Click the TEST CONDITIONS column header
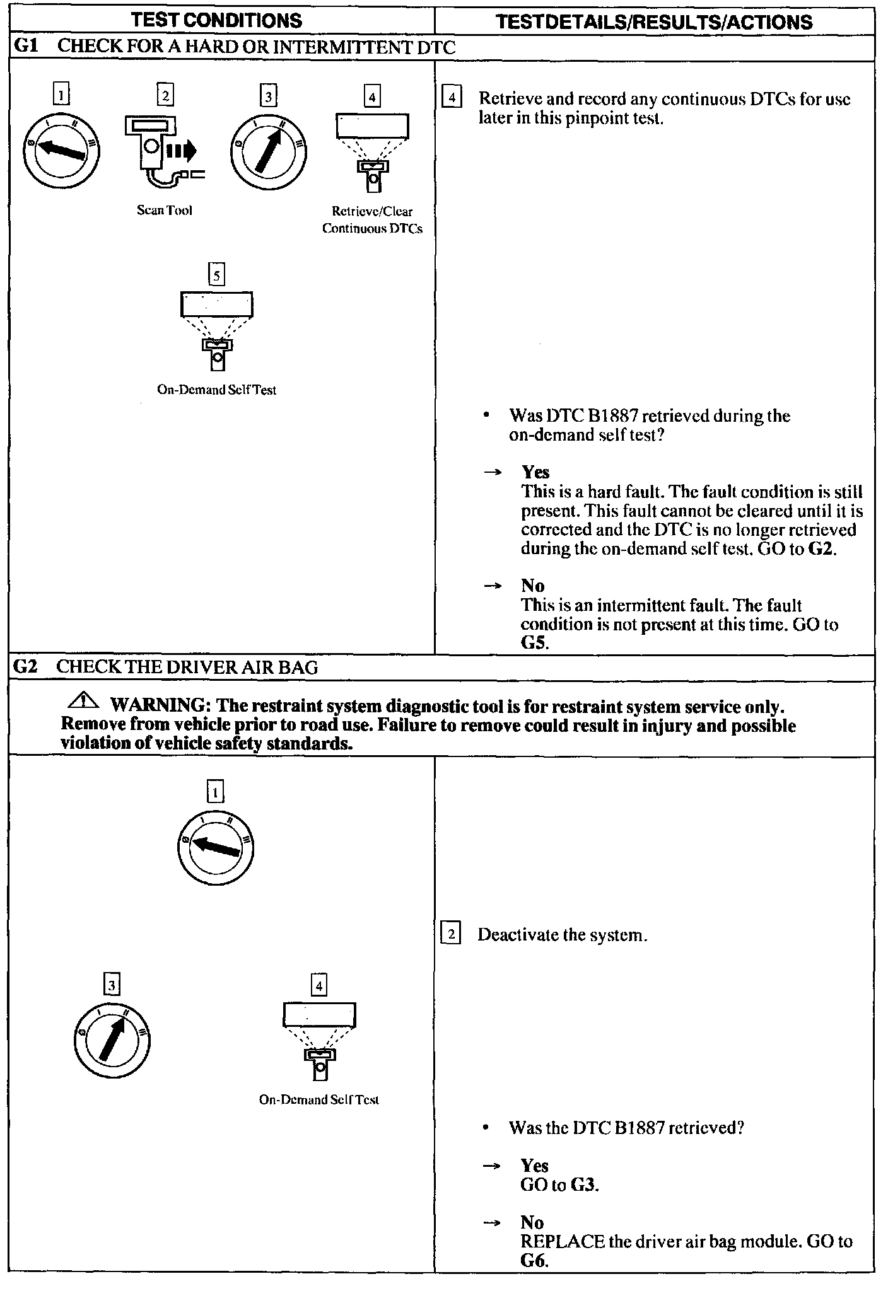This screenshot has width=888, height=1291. click(x=216, y=21)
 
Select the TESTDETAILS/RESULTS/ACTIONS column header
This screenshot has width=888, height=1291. click(x=654, y=22)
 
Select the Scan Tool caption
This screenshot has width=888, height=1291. click(x=165, y=211)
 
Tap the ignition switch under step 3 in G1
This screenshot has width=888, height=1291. click(x=268, y=151)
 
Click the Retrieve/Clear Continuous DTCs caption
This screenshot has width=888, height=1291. click(x=372, y=220)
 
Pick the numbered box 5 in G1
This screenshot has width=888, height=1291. click(x=216, y=275)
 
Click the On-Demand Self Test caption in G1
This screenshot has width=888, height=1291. click(x=216, y=390)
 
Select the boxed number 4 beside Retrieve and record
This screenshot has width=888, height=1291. click(x=452, y=98)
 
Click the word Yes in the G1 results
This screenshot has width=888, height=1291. click(x=535, y=472)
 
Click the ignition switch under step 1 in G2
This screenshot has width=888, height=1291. click(x=215, y=848)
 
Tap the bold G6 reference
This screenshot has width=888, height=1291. click(x=534, y=1261)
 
